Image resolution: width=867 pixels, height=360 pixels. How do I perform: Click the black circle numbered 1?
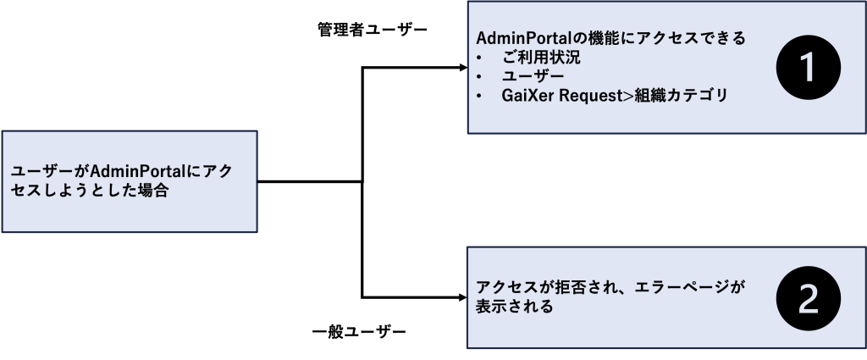[808, 69]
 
